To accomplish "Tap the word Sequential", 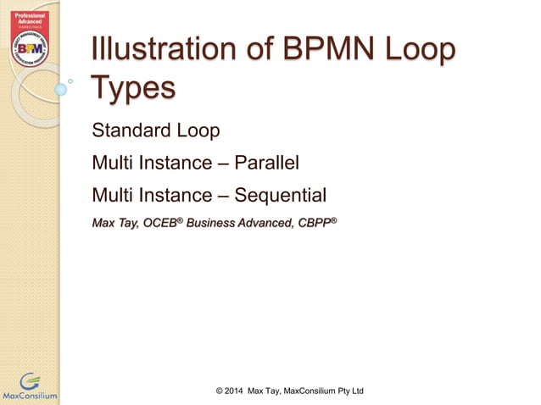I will (280, 196).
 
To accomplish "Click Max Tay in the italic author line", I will (114, 224).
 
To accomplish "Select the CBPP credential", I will (315, 224).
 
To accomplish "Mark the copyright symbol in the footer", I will (220, 390).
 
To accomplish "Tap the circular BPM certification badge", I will (29, 43).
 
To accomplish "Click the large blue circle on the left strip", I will (60, 88).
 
